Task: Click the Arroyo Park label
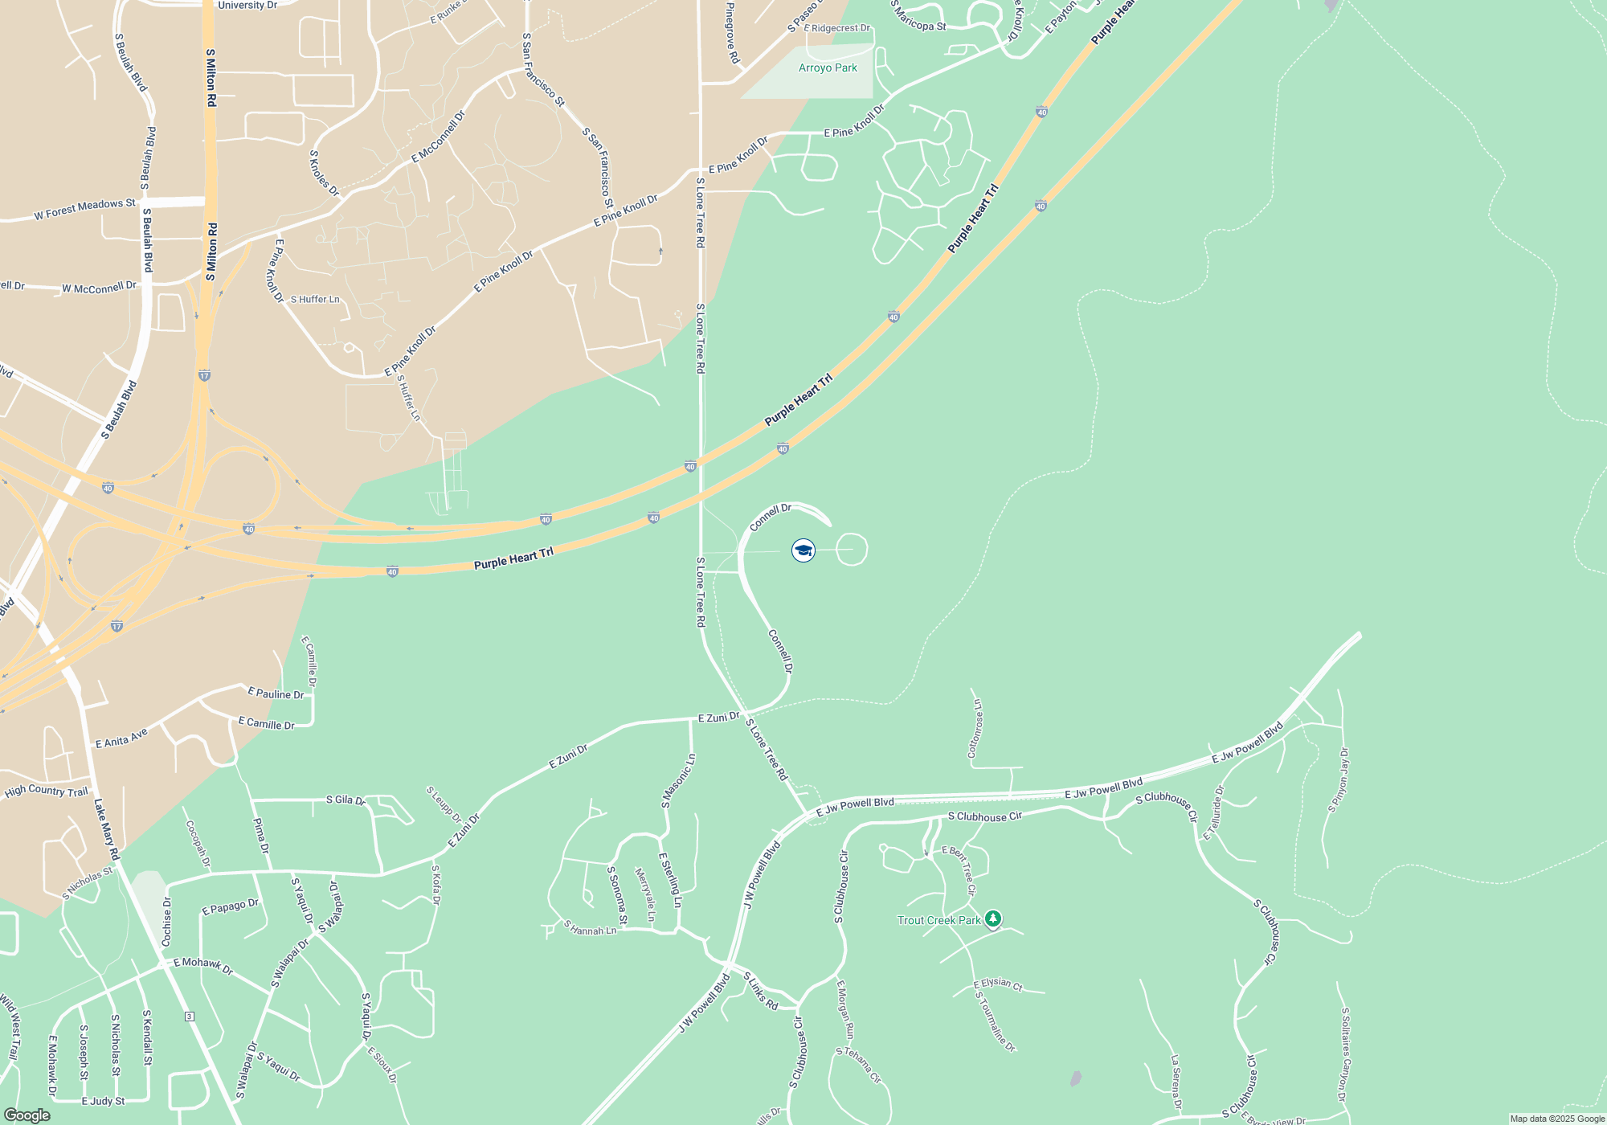828,68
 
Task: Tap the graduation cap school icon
803,550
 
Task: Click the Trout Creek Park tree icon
993,918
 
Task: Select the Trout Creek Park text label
938,920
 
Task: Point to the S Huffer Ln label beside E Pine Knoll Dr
315,299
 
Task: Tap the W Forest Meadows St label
84,210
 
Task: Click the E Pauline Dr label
276,693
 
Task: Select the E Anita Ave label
121,738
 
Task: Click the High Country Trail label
46,791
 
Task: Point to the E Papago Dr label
230,906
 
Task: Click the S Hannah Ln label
590,927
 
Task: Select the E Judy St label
103,1101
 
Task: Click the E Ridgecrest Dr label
836,28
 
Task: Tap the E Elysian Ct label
998,984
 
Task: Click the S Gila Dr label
346,800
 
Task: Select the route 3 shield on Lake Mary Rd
189,1017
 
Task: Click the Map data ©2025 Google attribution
1556,1119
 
